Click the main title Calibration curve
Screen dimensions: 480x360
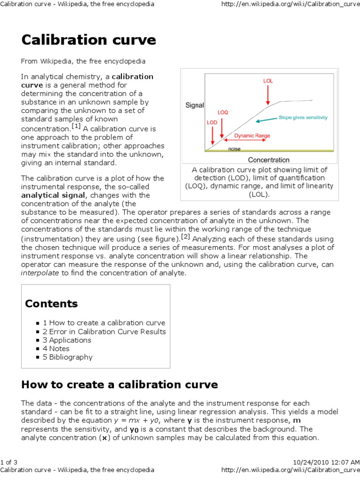pos(88,40)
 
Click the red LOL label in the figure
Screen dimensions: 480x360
pos(268,81)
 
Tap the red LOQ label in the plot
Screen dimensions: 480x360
pos(223,112)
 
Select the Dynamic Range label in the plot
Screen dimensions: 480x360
pos(252,136)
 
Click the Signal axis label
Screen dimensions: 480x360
pos(195,105)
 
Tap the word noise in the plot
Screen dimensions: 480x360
pos(234,149)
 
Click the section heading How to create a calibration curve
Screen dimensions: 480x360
pos(120,385)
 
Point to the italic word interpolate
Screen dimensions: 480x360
pos(40,273)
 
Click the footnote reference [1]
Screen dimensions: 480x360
pos(76,126)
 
